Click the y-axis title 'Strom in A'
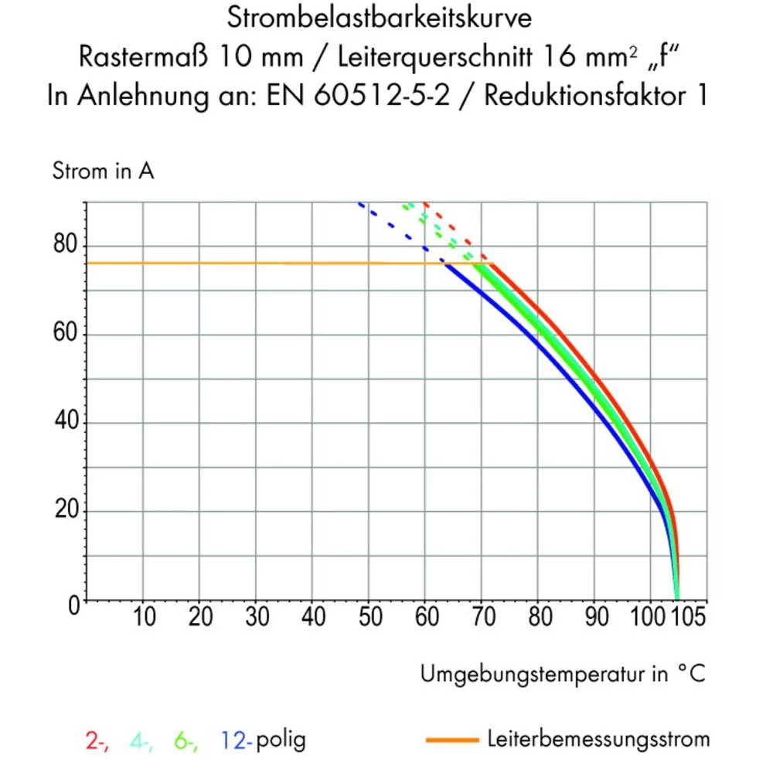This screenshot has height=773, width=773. [103, 172]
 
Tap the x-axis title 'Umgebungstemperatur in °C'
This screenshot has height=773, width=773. [563, 674]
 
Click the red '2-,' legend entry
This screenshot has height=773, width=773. [97, 741]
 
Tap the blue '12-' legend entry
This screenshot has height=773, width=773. [236, 741]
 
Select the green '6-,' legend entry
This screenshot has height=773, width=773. [186, 741]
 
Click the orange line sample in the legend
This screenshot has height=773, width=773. [452, 741]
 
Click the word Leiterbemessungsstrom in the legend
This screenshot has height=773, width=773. [598, 740]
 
